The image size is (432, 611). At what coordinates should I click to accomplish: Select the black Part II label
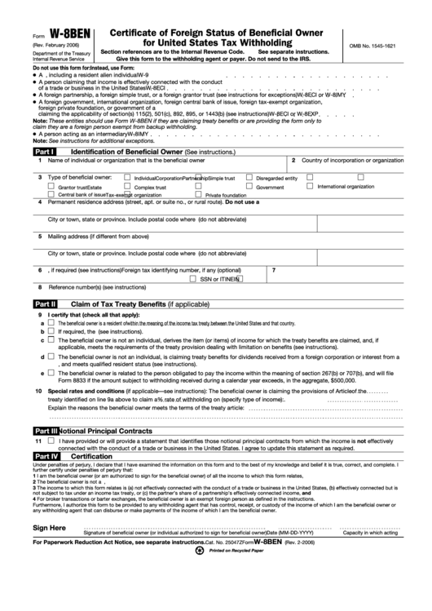tap(45, 303)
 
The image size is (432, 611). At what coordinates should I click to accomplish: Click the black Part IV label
tap(45, 456)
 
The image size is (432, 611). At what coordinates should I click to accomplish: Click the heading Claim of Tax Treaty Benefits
tap(117, 303)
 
